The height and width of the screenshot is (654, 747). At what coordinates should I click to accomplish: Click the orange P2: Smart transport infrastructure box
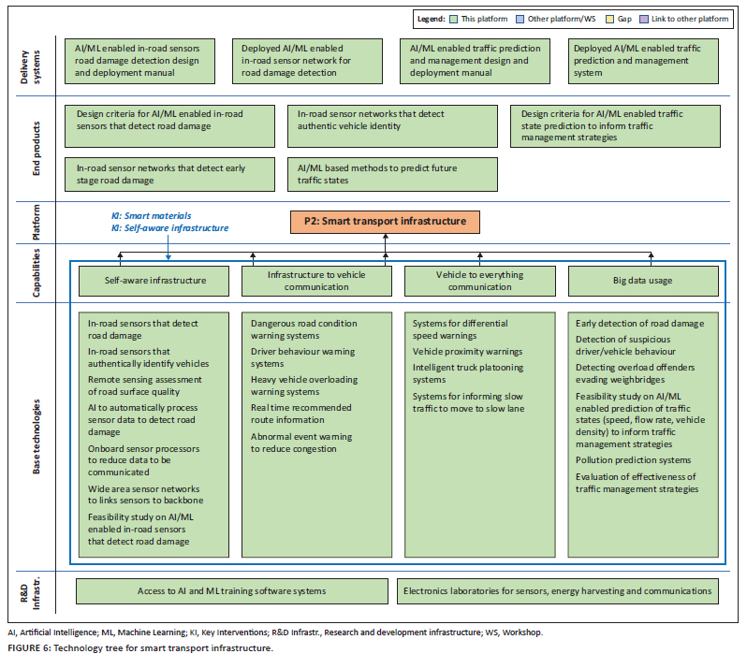click(385, 222)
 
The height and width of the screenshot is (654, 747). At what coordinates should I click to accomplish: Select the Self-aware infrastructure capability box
click(154, 280)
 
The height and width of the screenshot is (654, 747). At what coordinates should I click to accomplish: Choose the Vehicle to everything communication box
click(479, 280)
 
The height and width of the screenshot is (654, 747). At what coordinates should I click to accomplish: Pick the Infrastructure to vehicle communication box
click(316, 280)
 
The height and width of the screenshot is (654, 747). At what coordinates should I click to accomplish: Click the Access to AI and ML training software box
click(231, 590)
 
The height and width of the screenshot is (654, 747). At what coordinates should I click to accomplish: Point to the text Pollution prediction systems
click(633, 460)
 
